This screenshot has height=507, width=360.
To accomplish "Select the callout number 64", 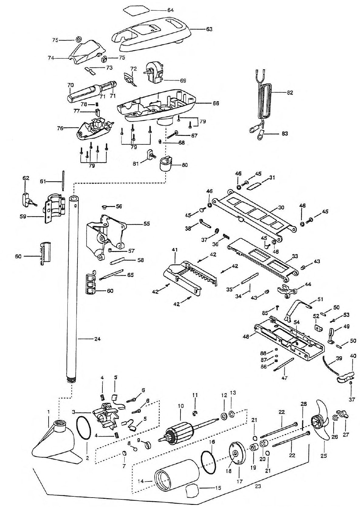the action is coord(170,10).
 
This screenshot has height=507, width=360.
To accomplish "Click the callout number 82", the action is coord(290,93).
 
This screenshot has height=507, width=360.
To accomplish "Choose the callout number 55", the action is coord(147,224).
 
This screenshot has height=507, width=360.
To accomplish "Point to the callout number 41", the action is coord(175,250).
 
